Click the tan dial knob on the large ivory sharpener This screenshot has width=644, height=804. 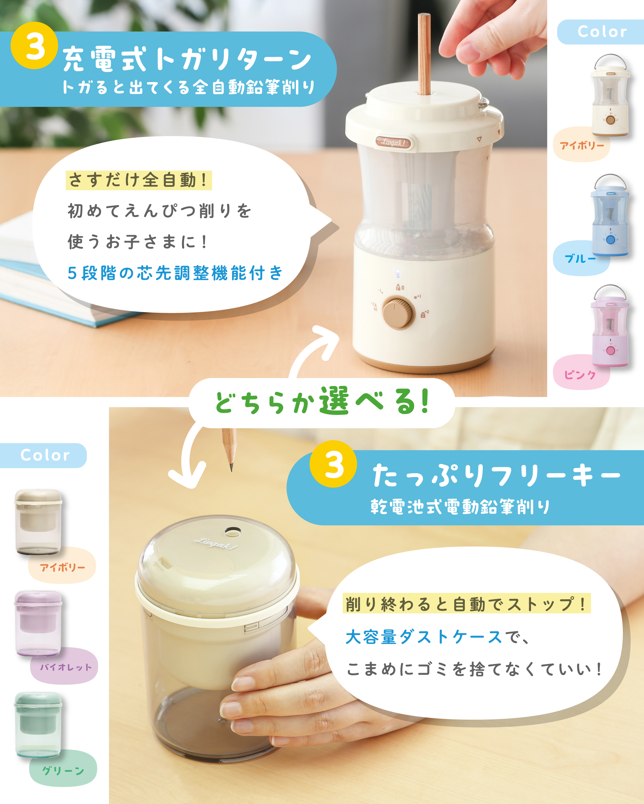[399, 313]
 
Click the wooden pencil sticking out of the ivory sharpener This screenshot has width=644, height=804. [424, 54]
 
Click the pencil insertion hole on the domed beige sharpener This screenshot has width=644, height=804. [233, 531]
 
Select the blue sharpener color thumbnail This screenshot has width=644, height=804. [610, 215]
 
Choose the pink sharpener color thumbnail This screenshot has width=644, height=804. [610, 326]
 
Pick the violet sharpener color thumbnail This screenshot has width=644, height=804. [38, 623]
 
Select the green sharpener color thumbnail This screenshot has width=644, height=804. [38, 725]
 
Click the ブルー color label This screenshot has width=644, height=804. [580, 258]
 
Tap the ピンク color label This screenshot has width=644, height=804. [580, 374]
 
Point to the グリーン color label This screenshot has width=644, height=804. [63, 771]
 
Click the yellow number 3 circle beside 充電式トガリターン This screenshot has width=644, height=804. [34, 45]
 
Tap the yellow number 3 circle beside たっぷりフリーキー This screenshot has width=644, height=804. [333, 464]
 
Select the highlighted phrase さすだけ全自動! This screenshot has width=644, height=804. [139, 180]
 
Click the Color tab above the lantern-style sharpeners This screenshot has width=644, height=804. [602, 32]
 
